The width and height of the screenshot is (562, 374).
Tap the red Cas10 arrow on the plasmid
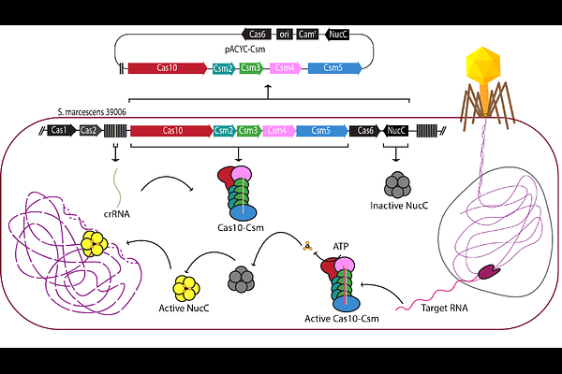[167, 68]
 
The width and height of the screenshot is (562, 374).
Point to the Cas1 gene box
[61, 131]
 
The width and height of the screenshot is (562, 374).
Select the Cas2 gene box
[88, 131]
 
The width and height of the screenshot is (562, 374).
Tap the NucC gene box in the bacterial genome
[396, 131]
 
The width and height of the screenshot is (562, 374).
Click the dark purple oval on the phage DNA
[489, 272]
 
